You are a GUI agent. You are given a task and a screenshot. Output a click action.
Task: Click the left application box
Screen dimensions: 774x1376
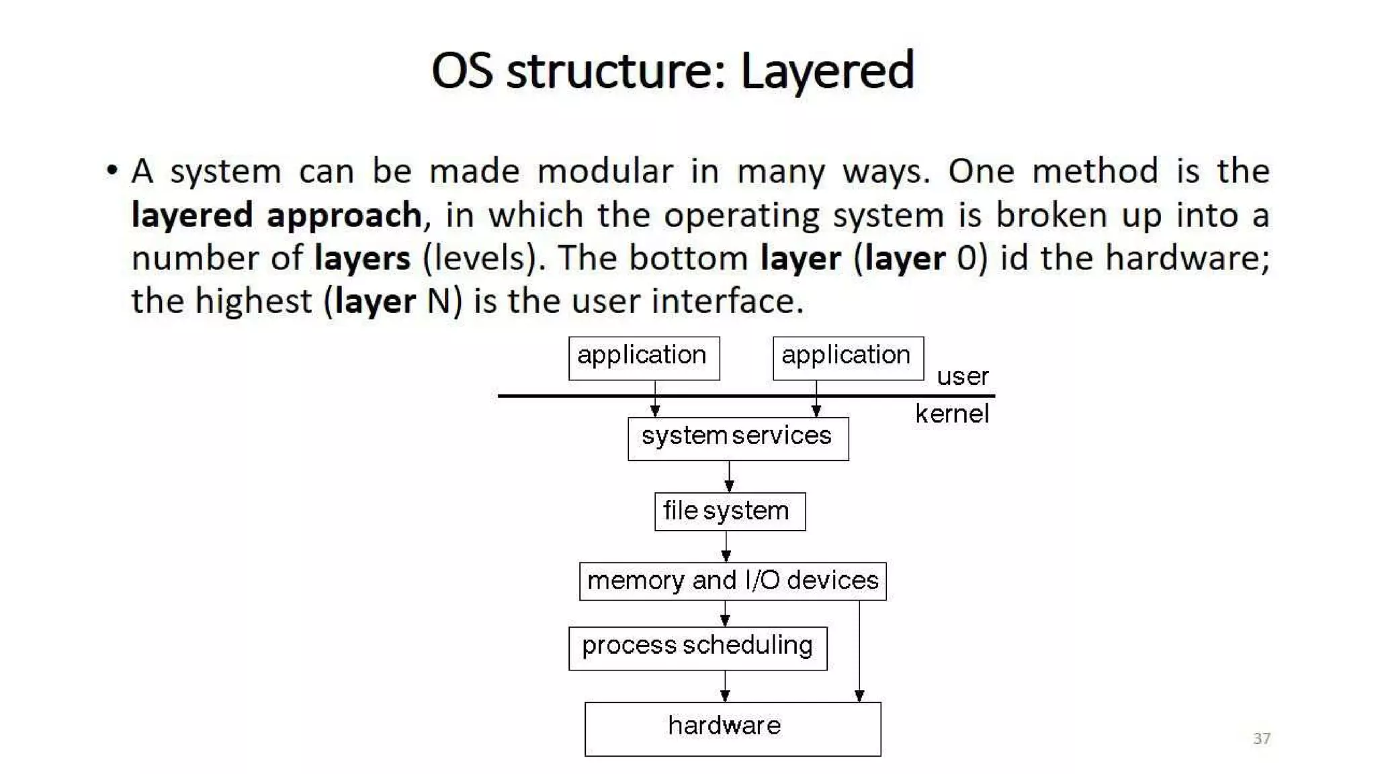[644, 358]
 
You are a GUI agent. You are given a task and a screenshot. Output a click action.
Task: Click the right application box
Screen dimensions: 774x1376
[848, 358]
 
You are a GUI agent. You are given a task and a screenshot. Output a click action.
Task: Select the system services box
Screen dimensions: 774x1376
[738, 439]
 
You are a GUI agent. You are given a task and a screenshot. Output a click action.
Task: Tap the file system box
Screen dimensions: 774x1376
[730, 511]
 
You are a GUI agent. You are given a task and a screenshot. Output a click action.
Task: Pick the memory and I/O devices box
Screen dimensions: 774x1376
[732, 581]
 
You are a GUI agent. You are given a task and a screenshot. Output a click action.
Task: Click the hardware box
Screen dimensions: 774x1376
[732, 729]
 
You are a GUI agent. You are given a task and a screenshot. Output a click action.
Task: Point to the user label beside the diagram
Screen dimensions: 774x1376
[962, 376]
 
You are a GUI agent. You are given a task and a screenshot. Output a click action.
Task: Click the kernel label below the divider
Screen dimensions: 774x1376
[951, 414]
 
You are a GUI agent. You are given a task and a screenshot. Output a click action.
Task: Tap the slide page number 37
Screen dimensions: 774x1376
[1261, 738]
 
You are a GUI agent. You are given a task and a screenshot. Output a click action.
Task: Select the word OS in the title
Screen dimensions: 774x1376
[462, 71]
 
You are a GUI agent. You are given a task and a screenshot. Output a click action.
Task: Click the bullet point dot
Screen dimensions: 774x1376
[112, 170]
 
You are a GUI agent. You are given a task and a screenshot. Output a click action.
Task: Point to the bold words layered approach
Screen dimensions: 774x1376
[276, 216]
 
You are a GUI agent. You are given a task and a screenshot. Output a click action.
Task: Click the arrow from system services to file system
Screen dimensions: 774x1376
[729, 477]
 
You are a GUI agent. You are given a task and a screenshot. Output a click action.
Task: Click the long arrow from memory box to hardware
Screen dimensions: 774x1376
[859, 652]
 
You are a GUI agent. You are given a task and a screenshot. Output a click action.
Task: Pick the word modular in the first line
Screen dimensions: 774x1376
[605, 171]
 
